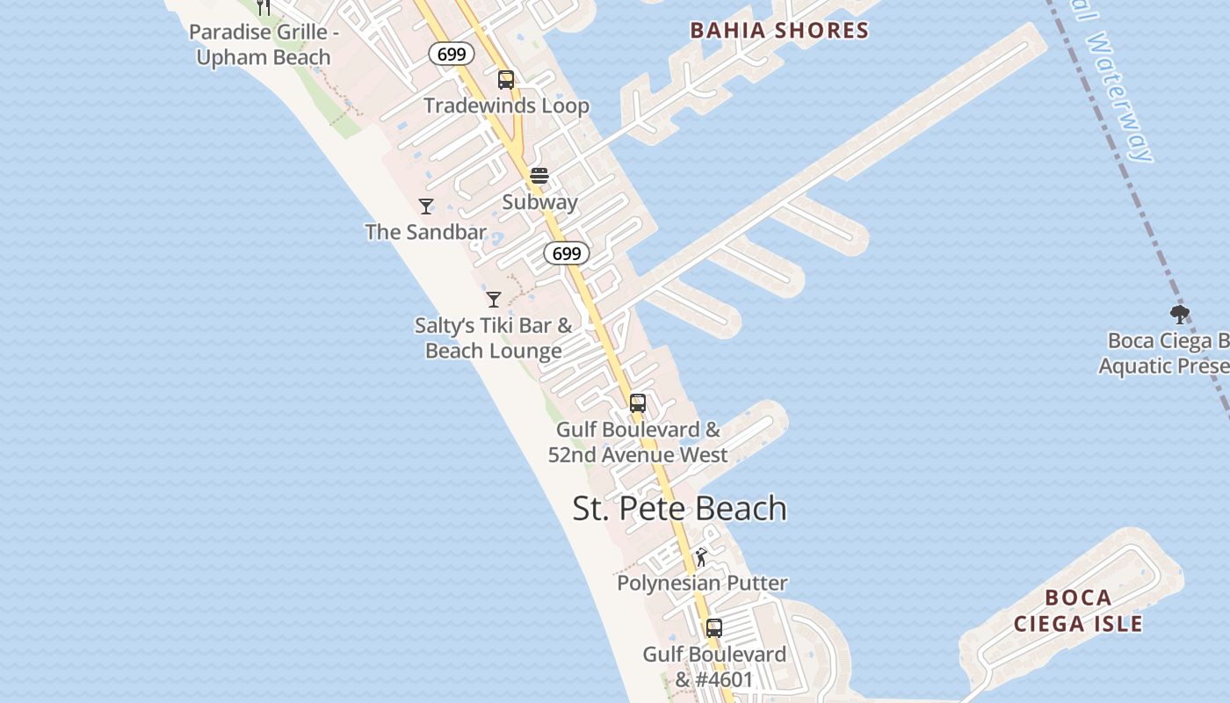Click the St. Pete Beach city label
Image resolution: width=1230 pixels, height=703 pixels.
tap(679, 509)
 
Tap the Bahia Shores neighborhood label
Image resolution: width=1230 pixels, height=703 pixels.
tap(778, 31)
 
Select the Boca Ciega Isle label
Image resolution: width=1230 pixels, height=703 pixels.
tap(1078, 611)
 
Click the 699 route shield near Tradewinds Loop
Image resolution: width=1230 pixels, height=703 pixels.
tap(452, 54)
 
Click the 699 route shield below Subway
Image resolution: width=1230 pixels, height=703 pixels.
tap(567, 254)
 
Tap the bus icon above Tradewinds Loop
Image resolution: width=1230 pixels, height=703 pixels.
tap(505, 80)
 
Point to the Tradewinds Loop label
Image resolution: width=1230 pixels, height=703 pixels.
tap(506, 106)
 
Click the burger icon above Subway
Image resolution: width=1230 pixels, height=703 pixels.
tap(539, 176)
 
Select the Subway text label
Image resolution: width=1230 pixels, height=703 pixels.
tap(539, 202)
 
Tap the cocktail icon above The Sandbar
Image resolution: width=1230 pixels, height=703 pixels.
tap(426, 207)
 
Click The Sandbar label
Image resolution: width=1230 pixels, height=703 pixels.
tap(425, 232)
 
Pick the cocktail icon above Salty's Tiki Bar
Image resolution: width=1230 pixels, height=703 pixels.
tap(494, 300)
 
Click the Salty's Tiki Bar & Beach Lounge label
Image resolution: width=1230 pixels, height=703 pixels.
tap(493, 338)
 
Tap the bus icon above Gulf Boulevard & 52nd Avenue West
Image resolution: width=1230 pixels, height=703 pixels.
tap(638, 404)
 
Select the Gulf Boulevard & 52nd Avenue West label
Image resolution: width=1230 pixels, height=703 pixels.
tap(638, 442)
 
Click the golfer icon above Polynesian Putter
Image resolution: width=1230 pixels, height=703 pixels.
tap(701, 558)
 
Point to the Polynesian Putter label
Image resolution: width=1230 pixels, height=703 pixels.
tap(702, 583)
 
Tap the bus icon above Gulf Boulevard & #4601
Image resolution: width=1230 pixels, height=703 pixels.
tap(714, 628)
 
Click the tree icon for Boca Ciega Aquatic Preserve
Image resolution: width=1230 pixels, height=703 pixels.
tap(1180, 315)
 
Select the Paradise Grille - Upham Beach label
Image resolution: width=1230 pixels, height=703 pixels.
tap(263, 45)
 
